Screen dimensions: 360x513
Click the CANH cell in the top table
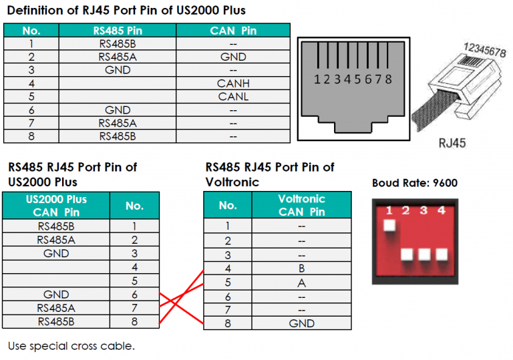point(233,83)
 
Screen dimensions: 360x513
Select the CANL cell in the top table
point(233,97)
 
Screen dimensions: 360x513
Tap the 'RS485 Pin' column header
point(118,31)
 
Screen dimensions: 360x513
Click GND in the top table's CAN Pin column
point(233,57)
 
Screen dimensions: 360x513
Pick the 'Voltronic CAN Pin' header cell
point(301,205)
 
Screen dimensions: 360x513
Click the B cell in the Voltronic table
point(301,269)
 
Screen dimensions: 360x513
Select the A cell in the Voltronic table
point(301,283)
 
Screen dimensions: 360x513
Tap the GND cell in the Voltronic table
point(301,323)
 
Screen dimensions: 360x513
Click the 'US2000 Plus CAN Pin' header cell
point(56,206)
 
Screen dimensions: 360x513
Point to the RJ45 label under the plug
point(452,142)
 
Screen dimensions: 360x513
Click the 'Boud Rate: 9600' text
point(415,183)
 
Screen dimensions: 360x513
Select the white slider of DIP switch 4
point(441,254)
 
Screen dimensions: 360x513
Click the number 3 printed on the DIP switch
point(423,212)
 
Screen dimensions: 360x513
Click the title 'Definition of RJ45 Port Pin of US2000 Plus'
point(126,11)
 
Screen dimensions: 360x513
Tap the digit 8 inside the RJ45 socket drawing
point(388,79)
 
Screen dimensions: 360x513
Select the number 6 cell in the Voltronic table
point(228,296)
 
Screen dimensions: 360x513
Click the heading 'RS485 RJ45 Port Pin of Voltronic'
point(270,174)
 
